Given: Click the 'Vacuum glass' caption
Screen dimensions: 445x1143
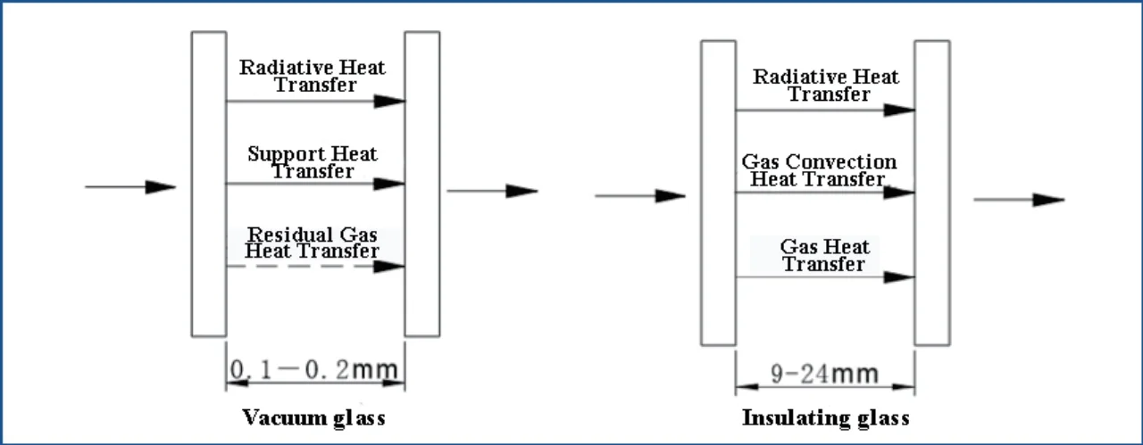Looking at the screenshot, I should pos(313,417).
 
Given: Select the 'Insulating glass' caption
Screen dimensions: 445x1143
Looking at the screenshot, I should pos(825,417).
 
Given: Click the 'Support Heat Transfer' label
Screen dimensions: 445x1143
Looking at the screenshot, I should pos(313,162).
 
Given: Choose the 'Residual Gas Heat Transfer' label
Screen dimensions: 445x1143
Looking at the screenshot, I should pos(313,243).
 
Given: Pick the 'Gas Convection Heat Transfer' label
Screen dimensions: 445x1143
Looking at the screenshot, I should pos(819,170).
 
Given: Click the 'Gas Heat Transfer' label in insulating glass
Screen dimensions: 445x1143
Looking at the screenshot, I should pos(824,255).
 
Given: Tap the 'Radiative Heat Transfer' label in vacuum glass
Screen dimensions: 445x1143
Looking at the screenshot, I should pos(313,76).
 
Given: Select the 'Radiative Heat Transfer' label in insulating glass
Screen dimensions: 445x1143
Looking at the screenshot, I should pos(826,85).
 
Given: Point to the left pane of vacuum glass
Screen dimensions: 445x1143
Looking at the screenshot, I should pos(209,184).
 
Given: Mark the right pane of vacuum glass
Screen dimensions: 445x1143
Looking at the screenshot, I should pos(422,184).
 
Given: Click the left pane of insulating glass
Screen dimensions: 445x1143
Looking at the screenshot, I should pos(718,193).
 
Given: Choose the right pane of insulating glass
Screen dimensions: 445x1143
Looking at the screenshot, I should pos(931,193).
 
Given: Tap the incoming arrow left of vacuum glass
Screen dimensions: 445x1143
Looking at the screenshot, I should pos(130,187).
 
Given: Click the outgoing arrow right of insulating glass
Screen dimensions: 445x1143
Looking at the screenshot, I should pos(1019,200).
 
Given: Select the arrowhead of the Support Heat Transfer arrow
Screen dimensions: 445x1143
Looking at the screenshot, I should pos(389,184).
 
